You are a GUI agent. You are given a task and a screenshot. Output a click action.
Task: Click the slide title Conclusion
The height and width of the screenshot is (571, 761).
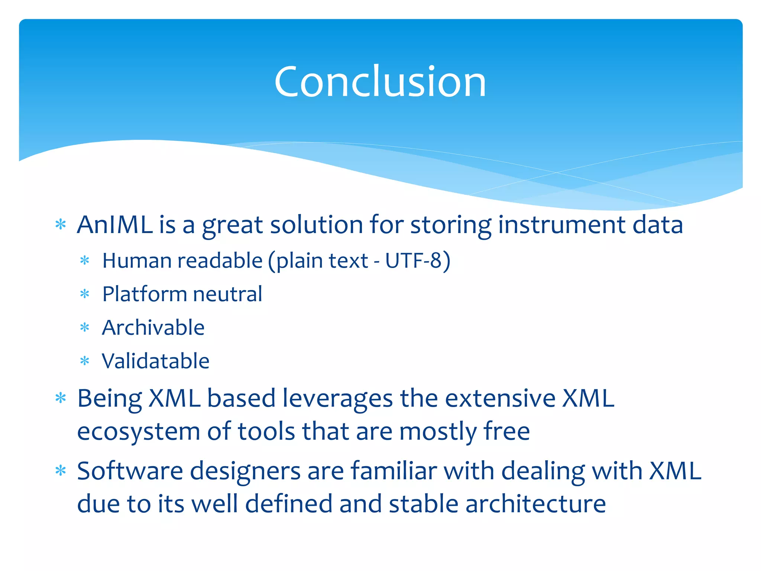pyautogui.click(x=380, y=81)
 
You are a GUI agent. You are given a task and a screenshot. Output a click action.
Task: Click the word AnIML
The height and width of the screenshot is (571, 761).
pyautogui.click(x=114, y=225)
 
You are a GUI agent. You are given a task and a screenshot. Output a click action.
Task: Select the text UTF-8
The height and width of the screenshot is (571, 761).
pyautogui.click(x=413, y=261)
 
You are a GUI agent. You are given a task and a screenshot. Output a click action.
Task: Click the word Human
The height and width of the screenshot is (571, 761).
pyautogui.click(x=136, y=261)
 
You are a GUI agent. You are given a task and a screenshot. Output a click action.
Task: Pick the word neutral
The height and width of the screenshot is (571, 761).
pyautogui.click(x=227, y=294)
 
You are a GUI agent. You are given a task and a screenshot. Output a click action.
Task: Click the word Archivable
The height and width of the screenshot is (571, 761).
pyautogui.click(x=153, y=328)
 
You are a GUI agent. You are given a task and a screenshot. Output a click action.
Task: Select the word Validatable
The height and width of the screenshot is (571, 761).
pyautogui.click(x=156, y=361)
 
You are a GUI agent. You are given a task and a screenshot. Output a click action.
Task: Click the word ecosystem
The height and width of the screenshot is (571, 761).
pyautogui.click(x=138, y=431)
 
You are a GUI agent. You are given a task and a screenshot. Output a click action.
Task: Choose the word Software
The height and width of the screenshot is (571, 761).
pyautogui.click(x=130, y=471)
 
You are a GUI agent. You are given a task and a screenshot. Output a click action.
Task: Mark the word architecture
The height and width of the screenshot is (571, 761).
pyautogui.click(x=535, y=504)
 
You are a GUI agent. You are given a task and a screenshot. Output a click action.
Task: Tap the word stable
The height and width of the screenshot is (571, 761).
pyautogui.click(x=423, y=504)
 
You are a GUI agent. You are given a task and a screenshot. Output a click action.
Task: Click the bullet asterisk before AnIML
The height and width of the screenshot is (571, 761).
pyautogui.click(x=61, y=225)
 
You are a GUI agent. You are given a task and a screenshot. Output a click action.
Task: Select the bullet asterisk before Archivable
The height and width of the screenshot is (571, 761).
pyautogui.click(x=85, y=328)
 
